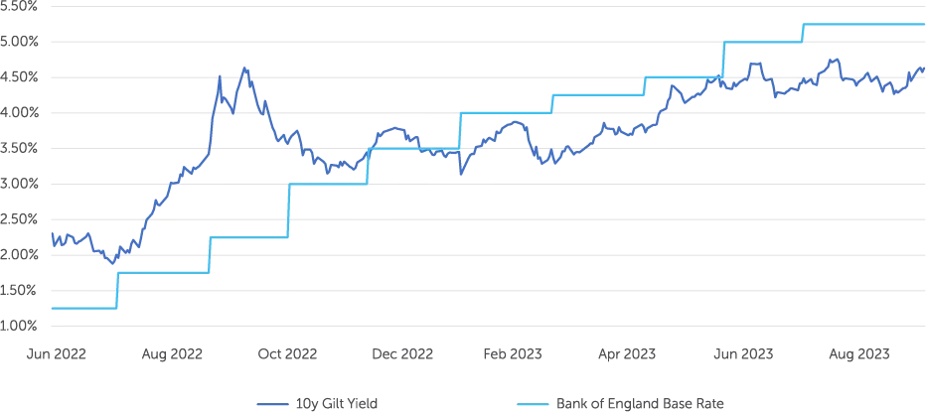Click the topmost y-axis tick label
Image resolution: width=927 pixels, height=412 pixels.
click(x=20, y=6)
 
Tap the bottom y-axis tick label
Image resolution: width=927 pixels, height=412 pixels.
click(x=20, y=325)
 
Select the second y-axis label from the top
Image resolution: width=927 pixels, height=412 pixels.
click(x=20, y=41)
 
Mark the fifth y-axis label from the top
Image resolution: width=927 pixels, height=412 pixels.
click(x=20, y=147)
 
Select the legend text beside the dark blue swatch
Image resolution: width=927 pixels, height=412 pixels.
click(x=338, y=404)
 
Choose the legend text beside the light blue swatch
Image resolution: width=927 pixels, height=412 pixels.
click(x=641, y=404)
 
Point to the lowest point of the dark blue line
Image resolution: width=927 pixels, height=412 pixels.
click(x=112, y=264)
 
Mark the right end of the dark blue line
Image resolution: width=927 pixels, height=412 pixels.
click(x=924, y=68)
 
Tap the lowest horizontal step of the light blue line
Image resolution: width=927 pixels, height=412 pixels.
click(x=82, y=307)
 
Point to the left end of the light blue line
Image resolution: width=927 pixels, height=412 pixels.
click(x=49, y=307)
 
